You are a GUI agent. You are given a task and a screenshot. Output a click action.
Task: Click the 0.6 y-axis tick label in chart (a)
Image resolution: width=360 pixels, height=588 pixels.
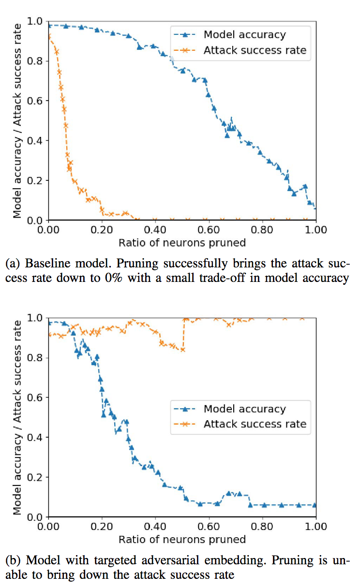(x=37, y=101)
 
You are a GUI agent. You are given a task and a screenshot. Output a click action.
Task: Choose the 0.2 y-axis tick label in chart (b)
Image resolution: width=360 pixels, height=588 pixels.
(x=37, y=477)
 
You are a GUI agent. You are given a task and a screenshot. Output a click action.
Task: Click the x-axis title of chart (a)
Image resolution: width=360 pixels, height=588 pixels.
(x=182, y=243)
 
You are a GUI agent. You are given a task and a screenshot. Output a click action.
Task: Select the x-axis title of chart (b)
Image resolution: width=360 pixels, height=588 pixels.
(x=182, y=539)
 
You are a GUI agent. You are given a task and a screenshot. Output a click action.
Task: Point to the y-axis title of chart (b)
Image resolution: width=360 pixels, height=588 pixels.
(x=17, y=417)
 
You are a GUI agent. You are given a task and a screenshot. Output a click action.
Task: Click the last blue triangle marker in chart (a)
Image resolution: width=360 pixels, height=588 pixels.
(x=315, y=207)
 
